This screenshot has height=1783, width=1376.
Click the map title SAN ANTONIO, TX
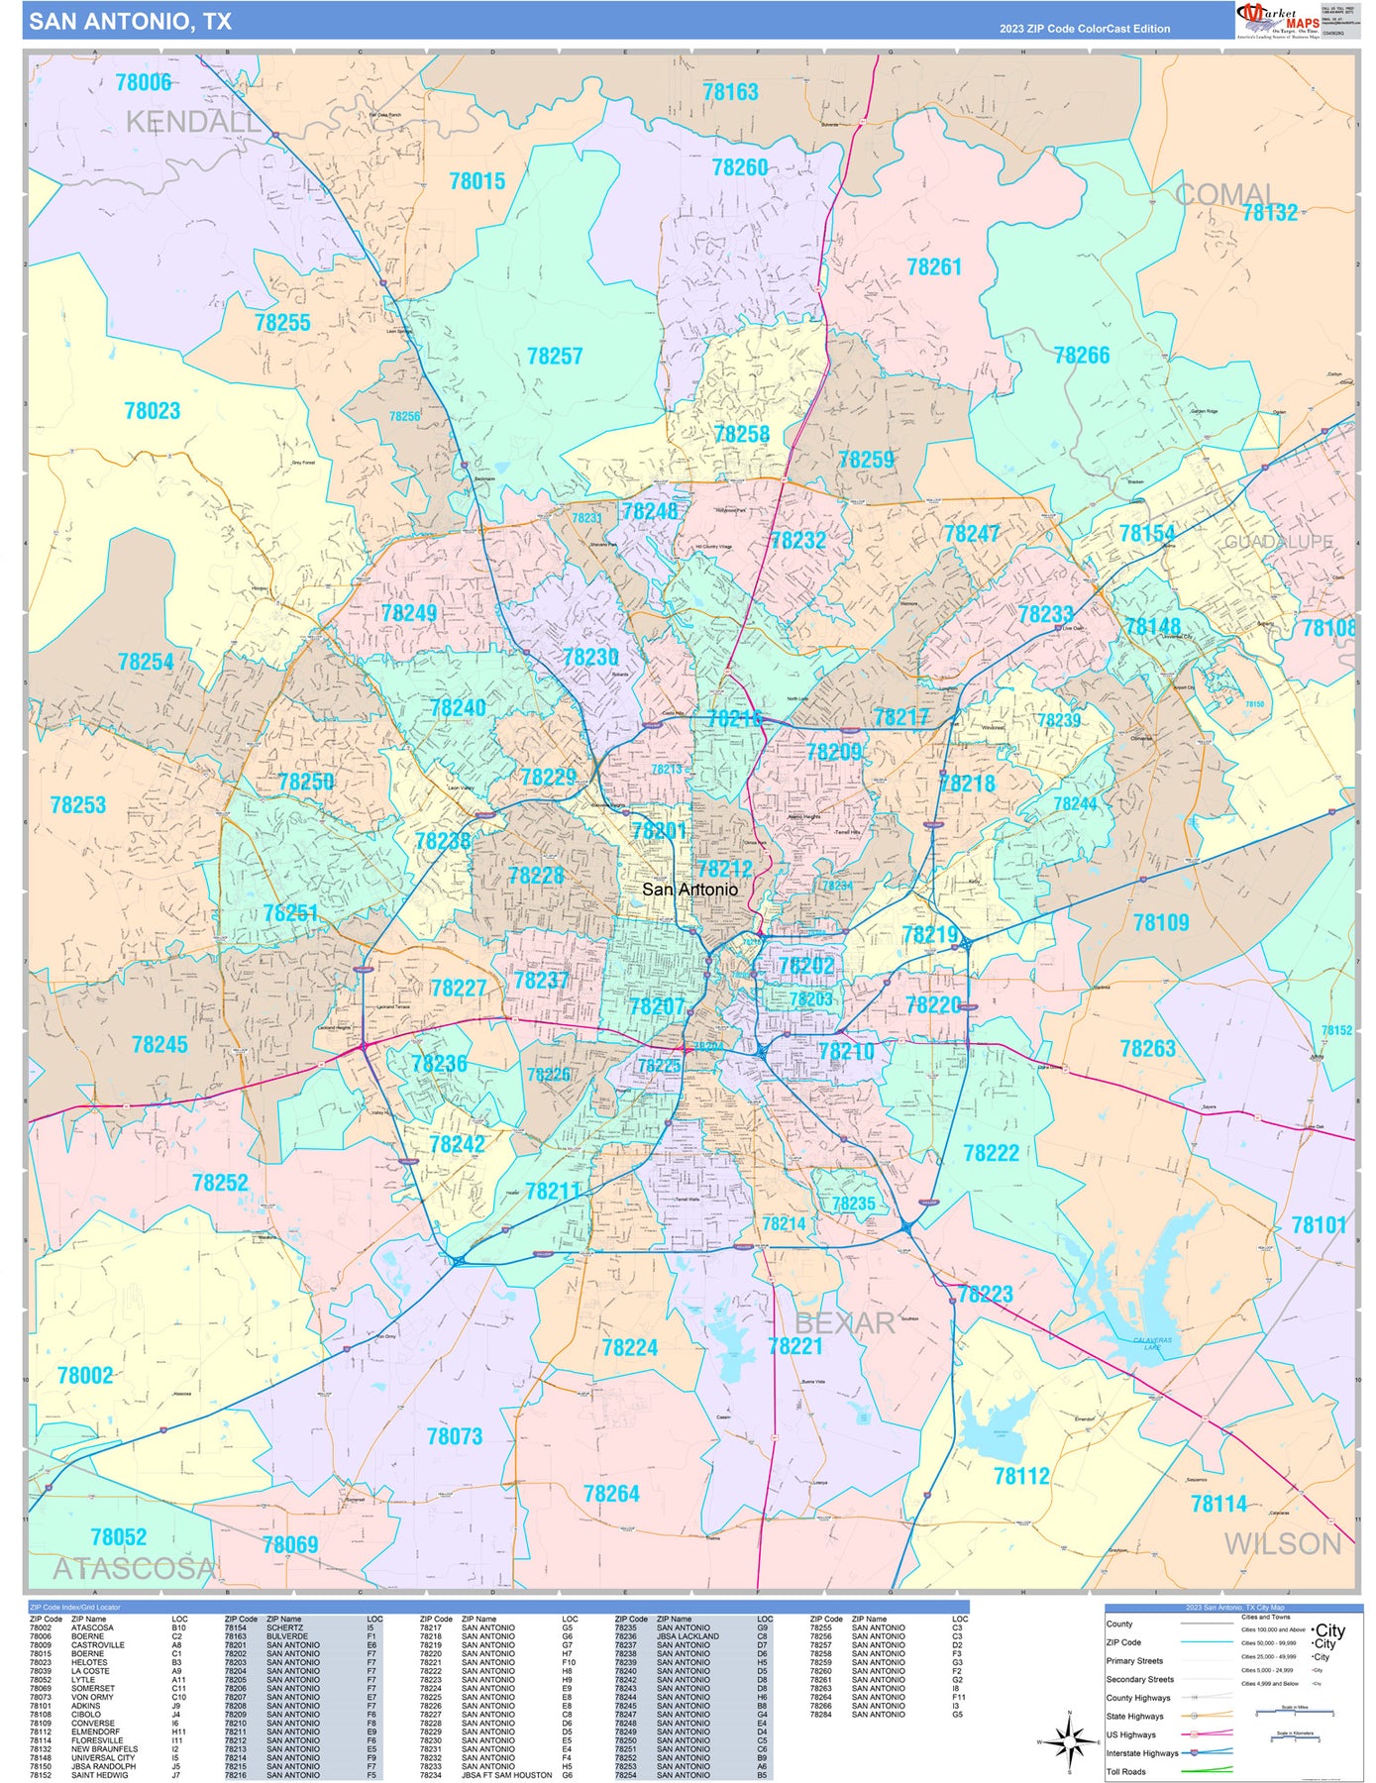[130, 22]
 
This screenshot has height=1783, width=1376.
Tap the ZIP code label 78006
[144, 82]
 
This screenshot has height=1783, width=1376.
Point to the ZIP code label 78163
[730, 92]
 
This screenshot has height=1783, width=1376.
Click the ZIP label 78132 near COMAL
[1269, 212]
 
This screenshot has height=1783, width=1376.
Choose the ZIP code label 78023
[152, 411]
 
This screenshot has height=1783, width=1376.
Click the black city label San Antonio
[689, 890]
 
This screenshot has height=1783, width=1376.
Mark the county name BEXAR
[844, 1323]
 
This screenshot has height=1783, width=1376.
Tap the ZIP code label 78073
[454, 1436]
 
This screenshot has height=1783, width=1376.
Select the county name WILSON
[1282, 1543]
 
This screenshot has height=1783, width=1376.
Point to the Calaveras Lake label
[1152, 1343]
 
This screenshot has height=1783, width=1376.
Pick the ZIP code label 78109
[1161, 922]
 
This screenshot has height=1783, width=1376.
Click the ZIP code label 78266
[1082, 356]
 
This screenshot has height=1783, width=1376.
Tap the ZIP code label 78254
[146, 662]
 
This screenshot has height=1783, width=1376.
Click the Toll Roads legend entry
[1126, 1772]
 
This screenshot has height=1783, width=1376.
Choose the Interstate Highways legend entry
[1142, 1753]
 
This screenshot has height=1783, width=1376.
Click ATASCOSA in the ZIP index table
[92, 1627]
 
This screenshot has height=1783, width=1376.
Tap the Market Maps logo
[1278, 20]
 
